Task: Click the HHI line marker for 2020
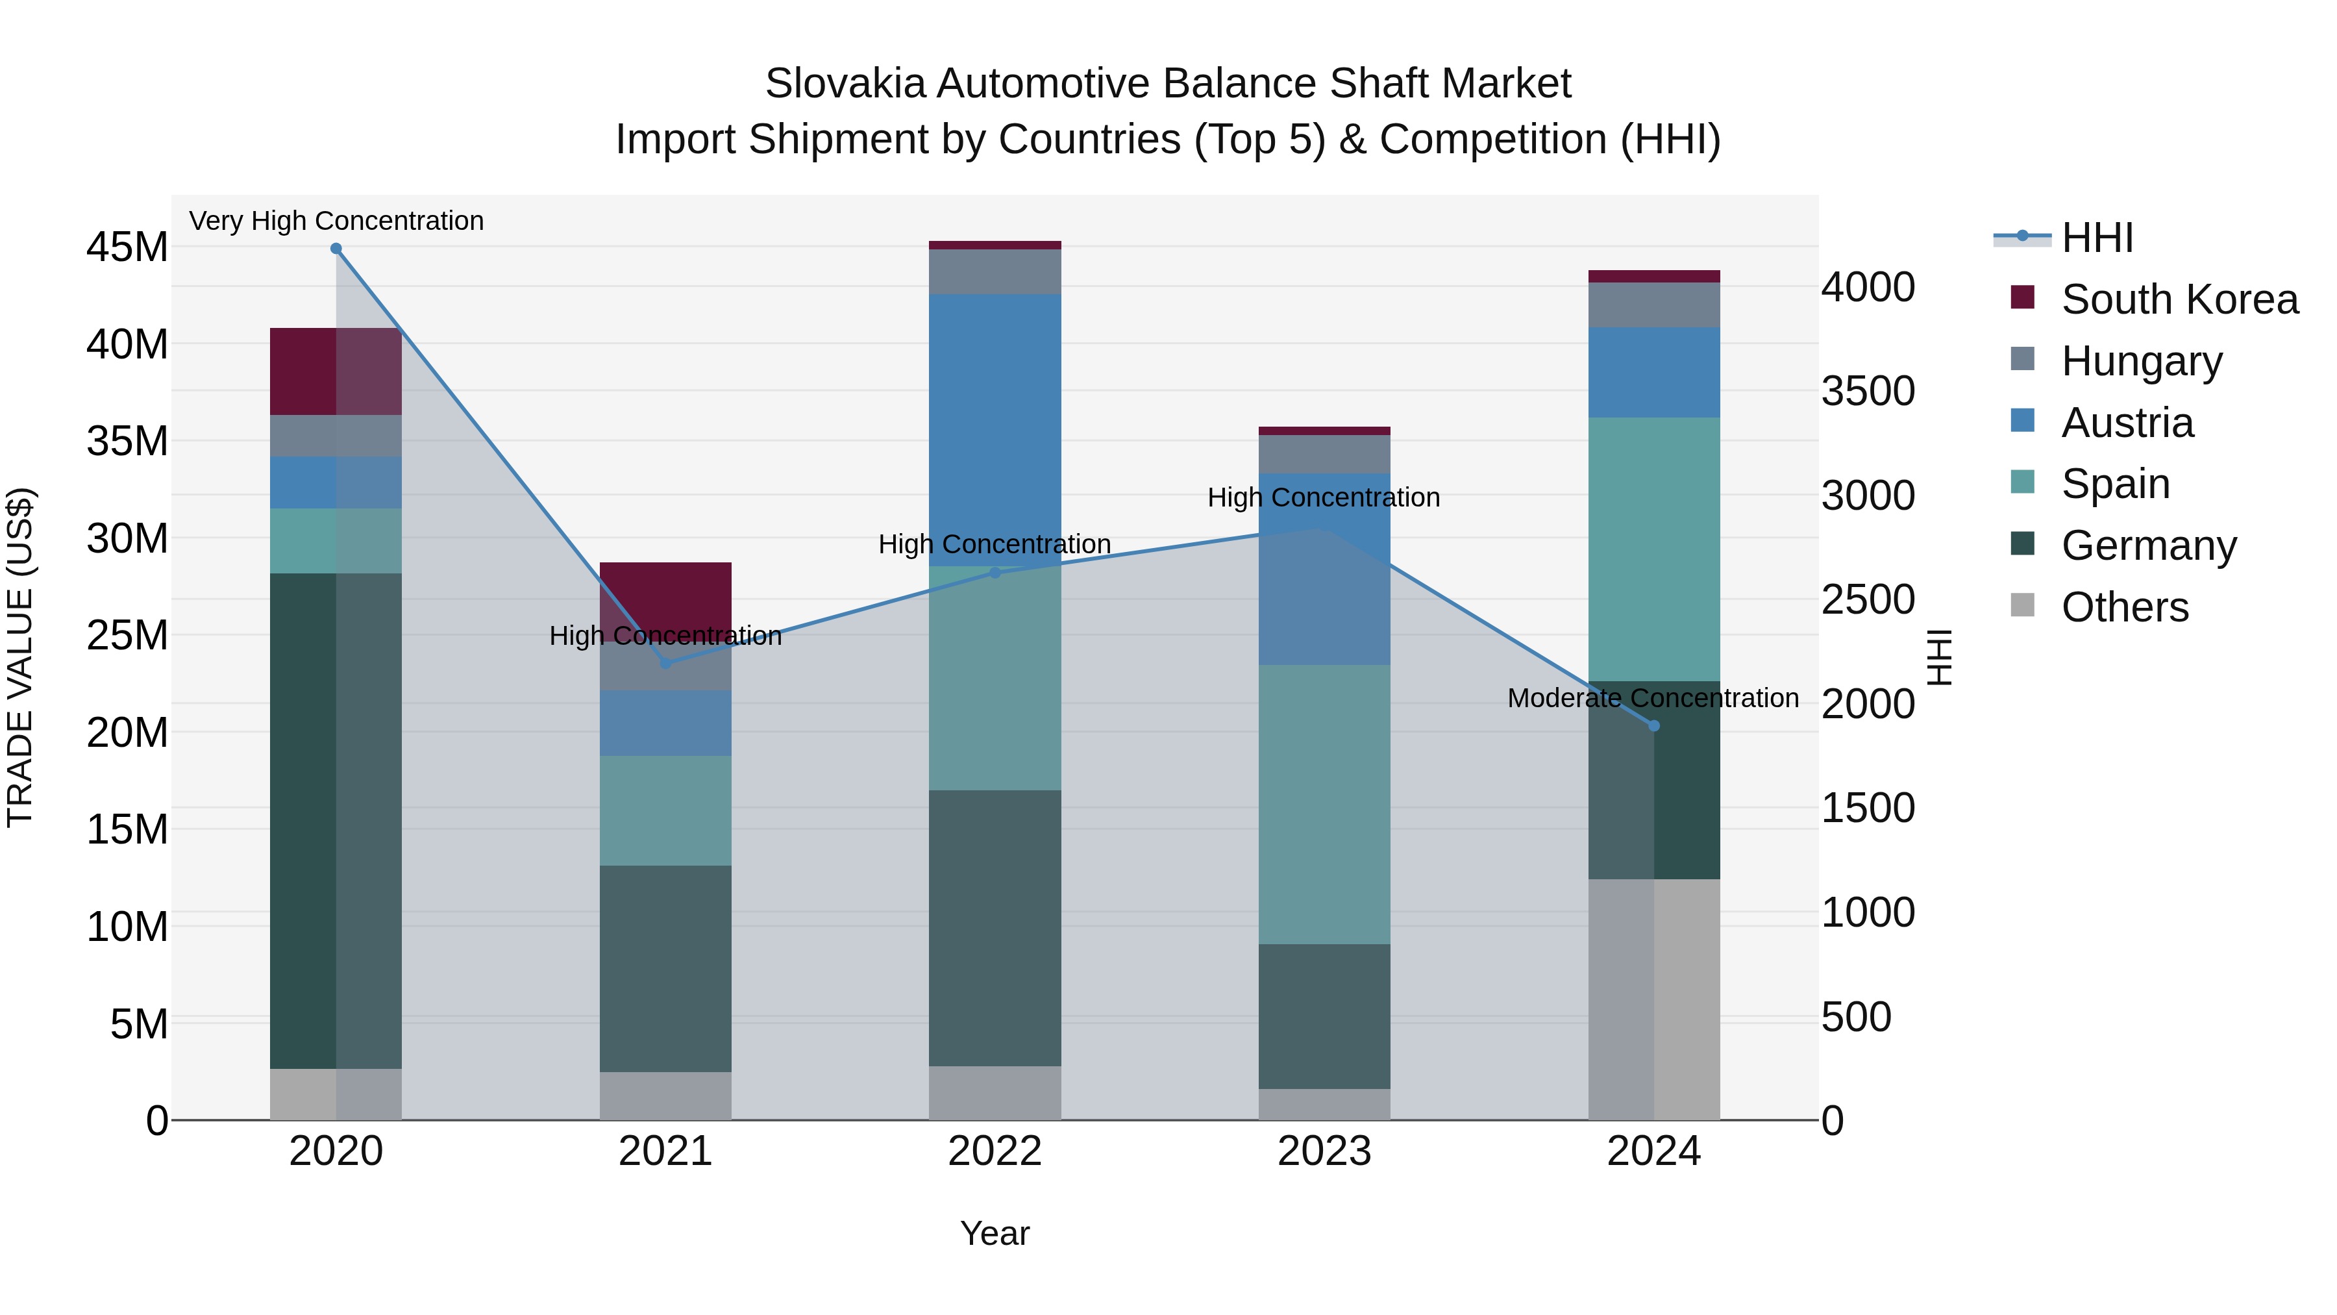click(x=336, y=249)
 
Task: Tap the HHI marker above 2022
click(x=995, y=573)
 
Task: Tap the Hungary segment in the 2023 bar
click(x=1324, y=454)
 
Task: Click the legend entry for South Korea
click(x=2179, y=299)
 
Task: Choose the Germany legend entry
click(x=2148, y=545)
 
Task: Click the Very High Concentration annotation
click(x=336, y=221)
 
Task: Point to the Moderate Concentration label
click(x=1652, y=698)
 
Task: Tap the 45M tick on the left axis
click(x=127, y=247)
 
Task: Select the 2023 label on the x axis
click(x=1324, y=1151)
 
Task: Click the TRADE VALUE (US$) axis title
click(x=20, y=657)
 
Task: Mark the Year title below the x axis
click(x=995, y=1233)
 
